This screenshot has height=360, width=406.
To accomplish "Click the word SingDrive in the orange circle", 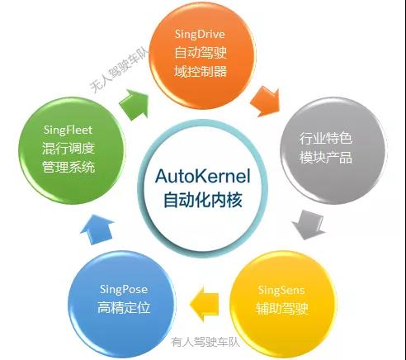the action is [200, 35].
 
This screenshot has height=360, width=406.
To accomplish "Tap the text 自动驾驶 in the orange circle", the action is [201, 53].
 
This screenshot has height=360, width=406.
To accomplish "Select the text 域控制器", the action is [201, 72].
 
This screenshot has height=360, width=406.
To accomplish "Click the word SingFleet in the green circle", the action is [68, 130].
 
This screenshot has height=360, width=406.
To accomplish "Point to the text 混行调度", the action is [68, 149].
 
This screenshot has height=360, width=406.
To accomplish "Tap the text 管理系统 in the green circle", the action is [68, 167].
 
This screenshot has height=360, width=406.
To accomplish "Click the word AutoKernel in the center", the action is [203, 177].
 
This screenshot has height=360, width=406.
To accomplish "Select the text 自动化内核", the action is [203, 200].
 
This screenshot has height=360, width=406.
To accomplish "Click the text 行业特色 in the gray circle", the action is [326, 138].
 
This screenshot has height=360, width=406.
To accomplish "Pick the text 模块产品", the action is [326, 158].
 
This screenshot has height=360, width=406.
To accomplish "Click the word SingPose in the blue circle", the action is [124, 290].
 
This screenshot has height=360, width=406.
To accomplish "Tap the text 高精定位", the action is [124, 307].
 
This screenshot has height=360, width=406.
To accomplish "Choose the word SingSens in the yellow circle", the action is [281, 291].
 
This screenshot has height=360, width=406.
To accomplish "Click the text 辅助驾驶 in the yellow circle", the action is [282, 309].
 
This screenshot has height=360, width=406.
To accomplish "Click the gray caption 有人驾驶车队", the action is [205, 342].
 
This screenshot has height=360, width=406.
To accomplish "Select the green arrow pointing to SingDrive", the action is [135, 104].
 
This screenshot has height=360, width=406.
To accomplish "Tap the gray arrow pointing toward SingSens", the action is [309, 225].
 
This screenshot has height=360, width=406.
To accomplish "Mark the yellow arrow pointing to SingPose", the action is [204, 304].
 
